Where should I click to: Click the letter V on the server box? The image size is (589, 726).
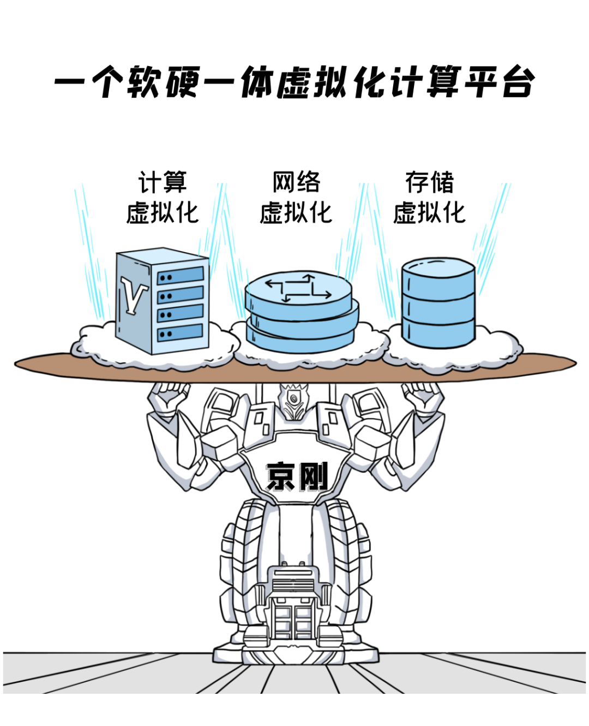point(134,294)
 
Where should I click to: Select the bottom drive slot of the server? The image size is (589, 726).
point(180,332)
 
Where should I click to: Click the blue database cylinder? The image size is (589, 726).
point(438,303)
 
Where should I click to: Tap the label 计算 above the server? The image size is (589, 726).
point(163,182)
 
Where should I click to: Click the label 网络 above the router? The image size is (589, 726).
point(296,182)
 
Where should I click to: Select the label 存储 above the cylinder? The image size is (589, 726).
point(429,182)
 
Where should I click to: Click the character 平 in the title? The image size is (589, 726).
point(480,81)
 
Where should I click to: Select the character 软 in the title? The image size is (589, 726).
point(143,82)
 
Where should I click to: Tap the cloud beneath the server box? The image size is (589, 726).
point(155,344)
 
